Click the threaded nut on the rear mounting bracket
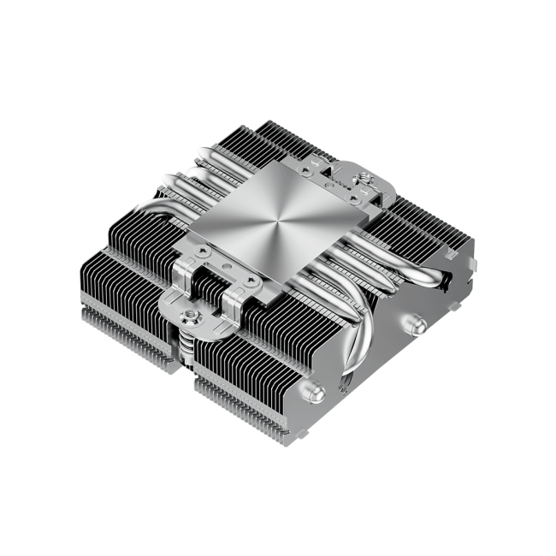364,181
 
